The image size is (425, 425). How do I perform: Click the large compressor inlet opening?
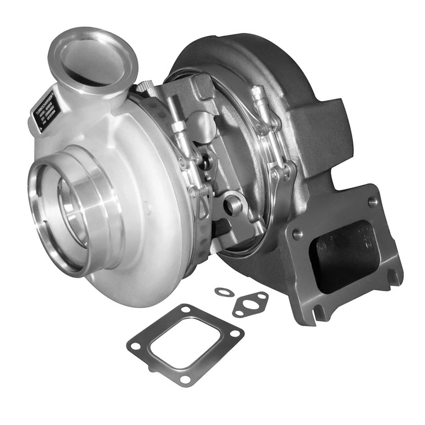click(66, 212)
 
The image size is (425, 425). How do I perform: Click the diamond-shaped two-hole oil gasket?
click(250, 304)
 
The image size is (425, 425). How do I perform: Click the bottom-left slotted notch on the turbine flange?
click(317, 313)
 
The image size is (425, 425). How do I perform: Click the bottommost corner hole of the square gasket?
click(185, 379)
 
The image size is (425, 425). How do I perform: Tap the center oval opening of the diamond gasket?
click(250, 305)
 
